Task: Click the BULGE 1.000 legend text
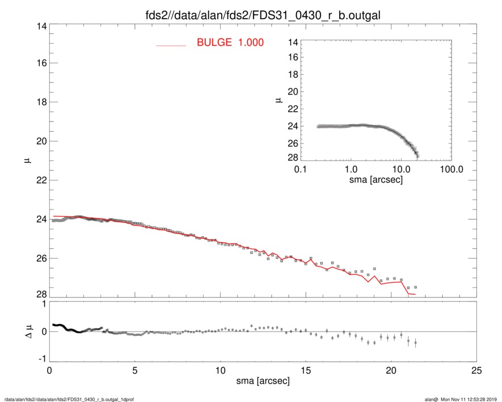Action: [x=230, y=42]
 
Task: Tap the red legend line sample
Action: [x=171, y=45]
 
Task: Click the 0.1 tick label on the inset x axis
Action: [x=301, y=169]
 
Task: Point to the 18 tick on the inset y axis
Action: [x=293, y=75]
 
